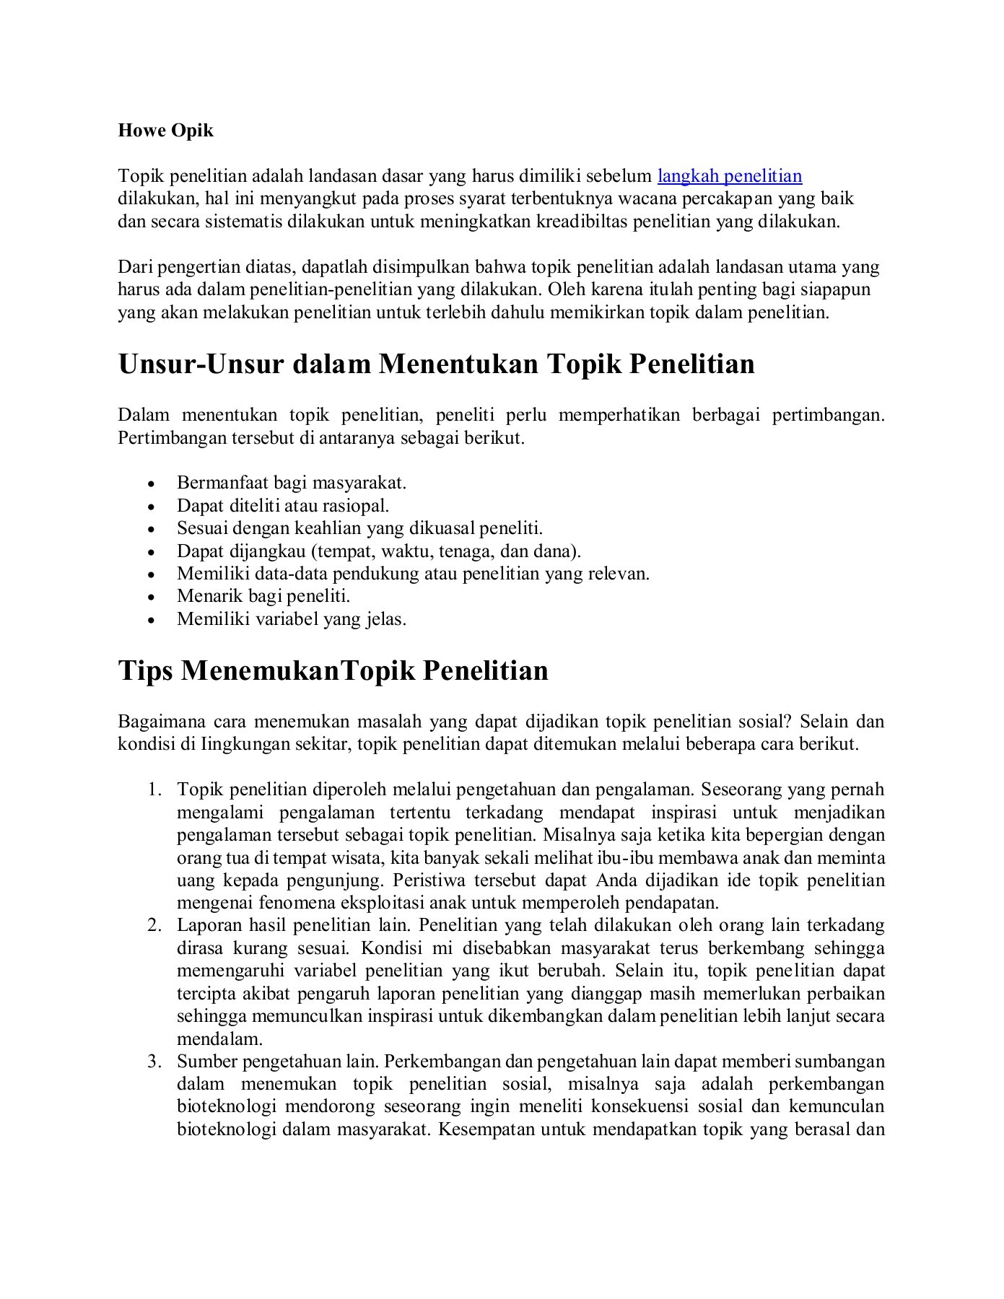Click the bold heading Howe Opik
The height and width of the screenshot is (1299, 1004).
pos(166,131)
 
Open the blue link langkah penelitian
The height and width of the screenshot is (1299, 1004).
pos(730,176)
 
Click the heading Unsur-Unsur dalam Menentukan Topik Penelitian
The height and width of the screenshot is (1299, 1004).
pos(436,364)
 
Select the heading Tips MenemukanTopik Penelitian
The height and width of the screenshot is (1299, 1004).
pos(333,670)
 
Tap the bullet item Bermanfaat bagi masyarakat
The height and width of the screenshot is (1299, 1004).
pos(292,483)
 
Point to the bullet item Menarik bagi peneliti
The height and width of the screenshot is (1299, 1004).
pos(263,596)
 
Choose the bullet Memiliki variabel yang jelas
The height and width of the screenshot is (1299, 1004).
pos(292,619)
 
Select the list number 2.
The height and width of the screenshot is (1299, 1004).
pos(153,926)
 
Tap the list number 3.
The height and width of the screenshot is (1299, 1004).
pos(153,1062)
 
